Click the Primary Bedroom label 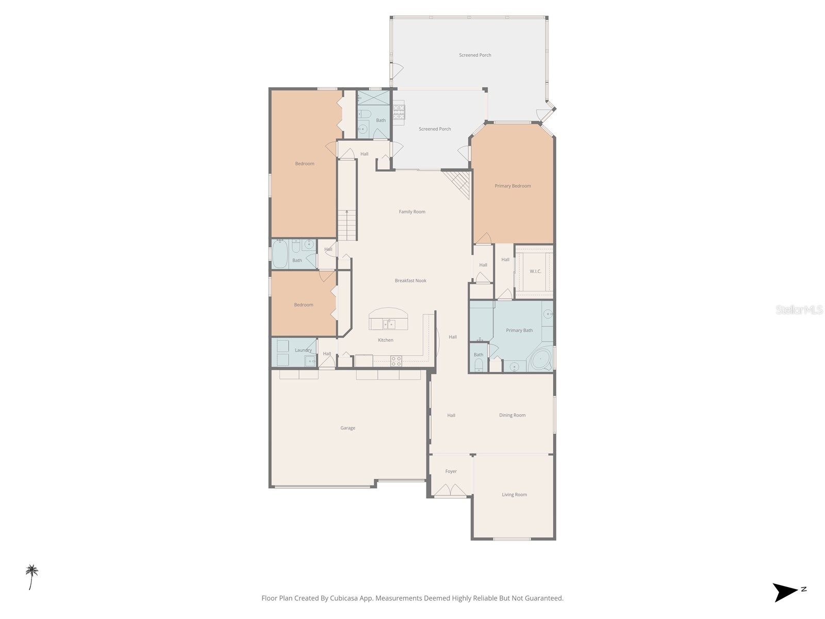(x=513, y=186)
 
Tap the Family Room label (x=412, y=211)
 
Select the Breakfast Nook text (x=410, y=281)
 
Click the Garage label (x=348, y=428)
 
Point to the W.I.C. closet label (x=535, y=271)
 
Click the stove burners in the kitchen (x=396, y=361)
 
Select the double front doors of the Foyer (x=450, y=490)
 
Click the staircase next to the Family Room (x=347, y=225)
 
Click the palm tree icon (x=32, y=577)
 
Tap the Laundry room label (x=303, y=350)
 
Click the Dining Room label (x=512, y=415)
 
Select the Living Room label (x=514, y=495)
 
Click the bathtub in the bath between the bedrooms (x=280, y=254)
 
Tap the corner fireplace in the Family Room (x=459, y=183)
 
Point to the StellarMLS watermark (x=799, y=310)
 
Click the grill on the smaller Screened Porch (x=399, y=112)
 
